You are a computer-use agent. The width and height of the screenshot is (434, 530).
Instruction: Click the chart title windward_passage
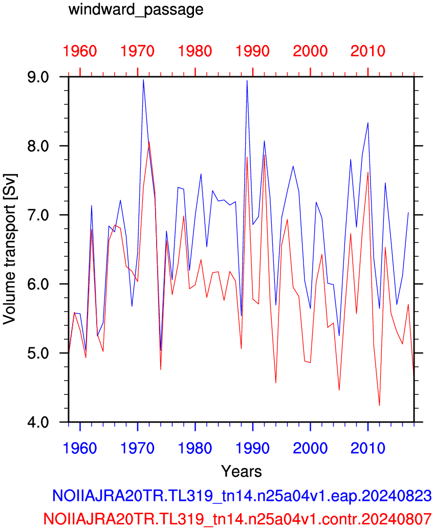(136, 10)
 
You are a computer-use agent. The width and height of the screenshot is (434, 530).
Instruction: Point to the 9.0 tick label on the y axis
(38, 77)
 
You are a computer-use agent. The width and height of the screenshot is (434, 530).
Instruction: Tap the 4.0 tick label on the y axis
(38, 422)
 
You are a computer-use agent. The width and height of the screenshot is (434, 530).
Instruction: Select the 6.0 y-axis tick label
(38, 284)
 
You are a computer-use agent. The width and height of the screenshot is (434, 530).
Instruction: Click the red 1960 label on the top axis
(80, 51)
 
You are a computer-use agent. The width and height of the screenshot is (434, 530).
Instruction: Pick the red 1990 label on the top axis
(253, 51)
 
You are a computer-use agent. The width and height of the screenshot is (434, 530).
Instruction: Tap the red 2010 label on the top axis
(367, 51)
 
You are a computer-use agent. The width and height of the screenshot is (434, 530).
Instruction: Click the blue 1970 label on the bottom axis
(137, 448)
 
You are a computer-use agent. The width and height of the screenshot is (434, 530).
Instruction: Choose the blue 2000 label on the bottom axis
(310, 448)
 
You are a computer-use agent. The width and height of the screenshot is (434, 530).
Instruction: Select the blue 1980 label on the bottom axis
(195, 448)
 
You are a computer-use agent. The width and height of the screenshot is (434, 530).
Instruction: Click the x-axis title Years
(241, 471)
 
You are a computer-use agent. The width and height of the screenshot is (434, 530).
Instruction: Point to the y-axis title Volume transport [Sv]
(10, 249)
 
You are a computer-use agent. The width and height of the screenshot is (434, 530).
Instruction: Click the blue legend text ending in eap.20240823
(242, 496)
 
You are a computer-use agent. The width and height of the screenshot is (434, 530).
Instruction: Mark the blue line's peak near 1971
(143, 80)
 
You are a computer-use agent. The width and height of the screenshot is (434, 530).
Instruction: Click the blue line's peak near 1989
(247, 81)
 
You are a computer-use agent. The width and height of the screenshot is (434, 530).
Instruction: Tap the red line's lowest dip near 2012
(380, 405)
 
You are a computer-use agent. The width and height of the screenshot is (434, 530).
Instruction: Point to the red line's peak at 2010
(368, 172)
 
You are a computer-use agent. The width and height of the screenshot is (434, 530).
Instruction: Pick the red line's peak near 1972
(149, 142)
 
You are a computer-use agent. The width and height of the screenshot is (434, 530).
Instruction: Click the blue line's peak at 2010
(368, 123)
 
